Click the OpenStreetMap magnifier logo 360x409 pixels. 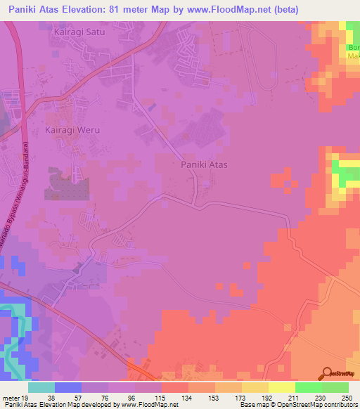pos(326,372)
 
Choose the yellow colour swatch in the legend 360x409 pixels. pos(281,388)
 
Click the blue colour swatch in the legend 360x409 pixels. pos(68,388)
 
